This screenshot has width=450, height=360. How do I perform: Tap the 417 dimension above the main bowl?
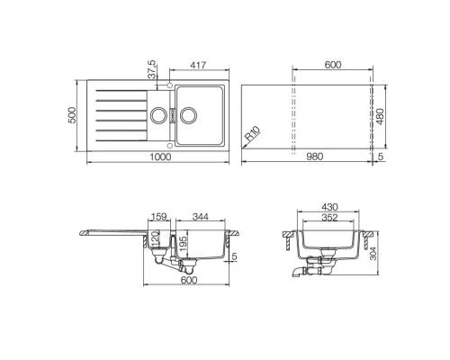click(x=202, y=66)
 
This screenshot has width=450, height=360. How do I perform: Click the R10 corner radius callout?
click(x=255, y=137)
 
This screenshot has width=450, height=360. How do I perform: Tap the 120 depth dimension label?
click(x=154, y=240)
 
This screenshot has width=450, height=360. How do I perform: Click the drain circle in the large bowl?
click(x=189, y=114)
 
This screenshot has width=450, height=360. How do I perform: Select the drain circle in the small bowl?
click(x=158, y=114)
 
